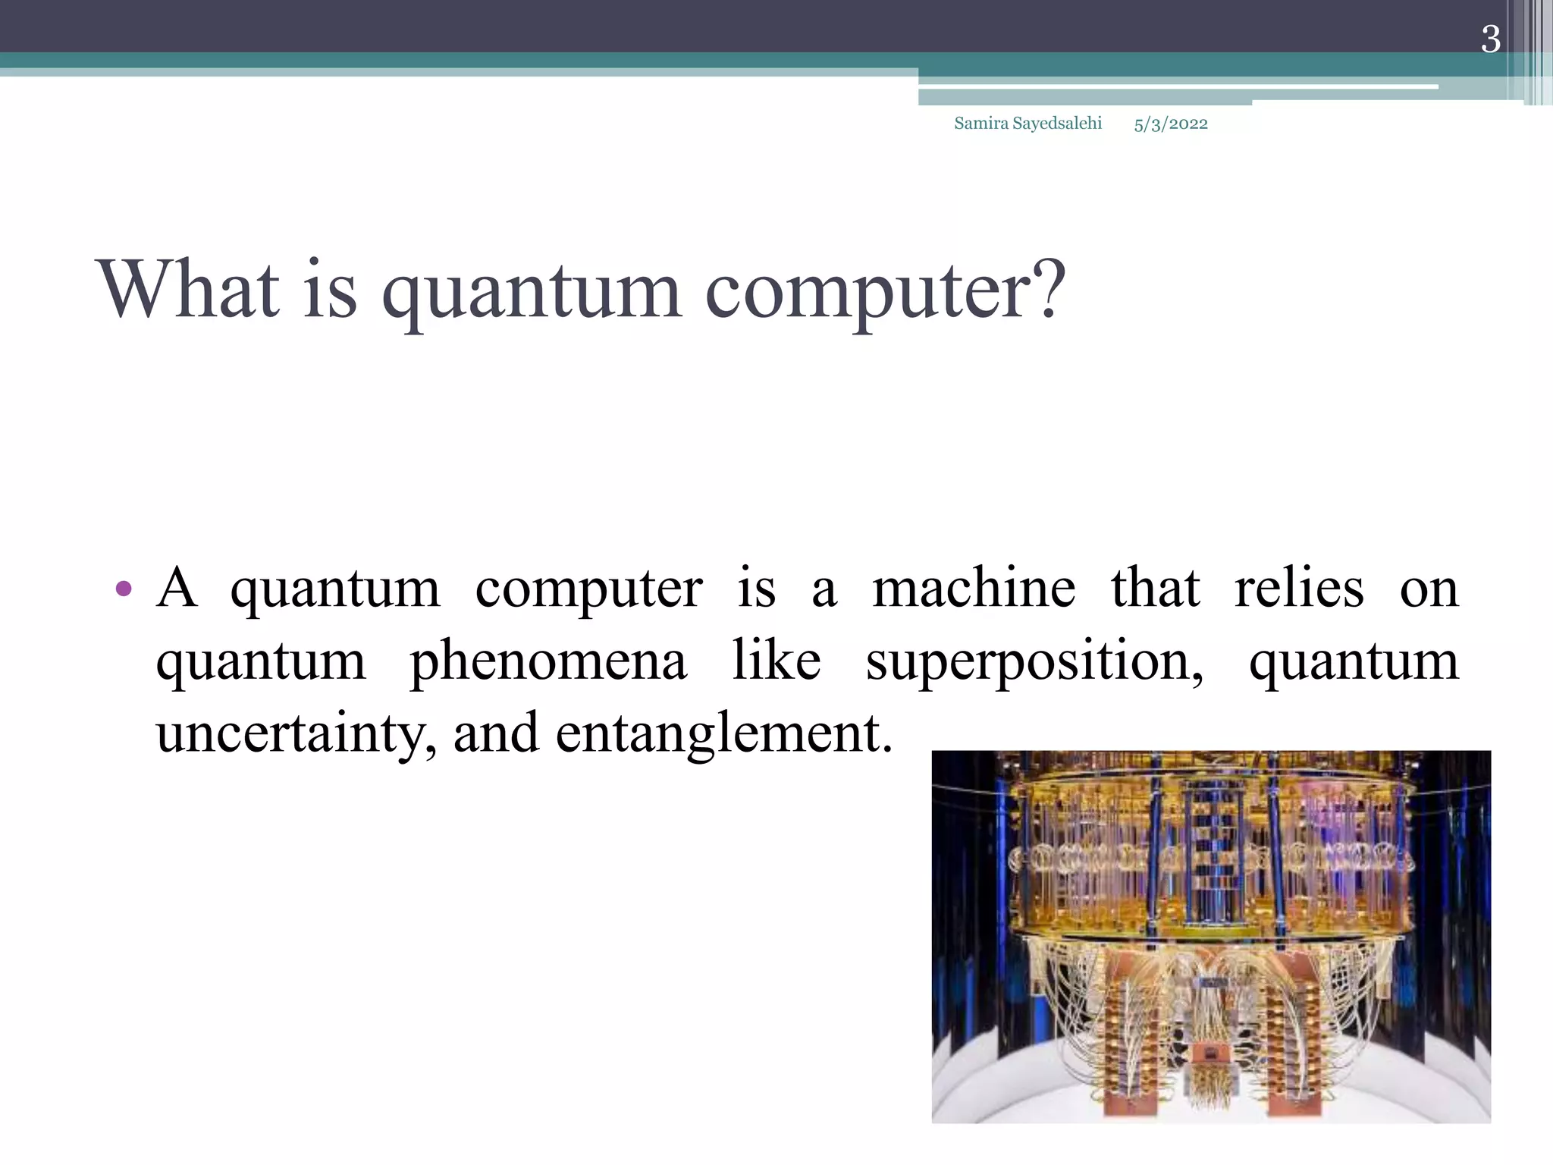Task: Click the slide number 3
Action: pyautogui.click(x=1490, y=39)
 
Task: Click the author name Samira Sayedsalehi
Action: pyautogui.click(x=1027, y=124)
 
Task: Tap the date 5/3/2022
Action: pyautogui.click(x=1170, y=124)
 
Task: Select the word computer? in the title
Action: pyautogui.click(x=884, y=292)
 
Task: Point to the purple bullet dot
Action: pyautogui.click(x=125, y=589)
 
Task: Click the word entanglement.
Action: pyautogui.click(x=723, y=734)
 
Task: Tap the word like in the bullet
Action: pyautogui.click(x=776, y=660)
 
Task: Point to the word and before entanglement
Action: pyautogui.click(x=496, y=734)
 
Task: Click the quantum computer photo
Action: pyautogui.click(x=1210, y=936)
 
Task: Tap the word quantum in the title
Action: pyautogui.click(x=531, y=292)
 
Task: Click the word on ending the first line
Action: pyautogui.click(x=1429, y=589)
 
